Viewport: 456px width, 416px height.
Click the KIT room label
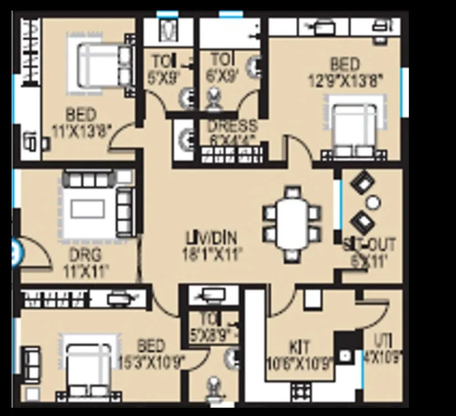[300, 347]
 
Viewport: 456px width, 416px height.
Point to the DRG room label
[85, 255]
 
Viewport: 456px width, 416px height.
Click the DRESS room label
[232, 126]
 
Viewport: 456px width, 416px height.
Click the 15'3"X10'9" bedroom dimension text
[151, 362]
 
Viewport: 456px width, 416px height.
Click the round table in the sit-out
[373, 203]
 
